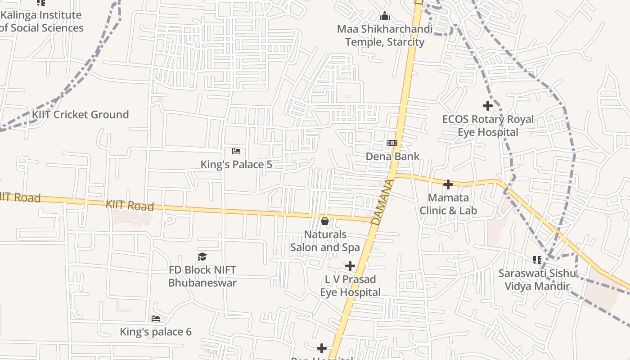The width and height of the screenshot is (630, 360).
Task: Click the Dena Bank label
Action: (x=392, y=157)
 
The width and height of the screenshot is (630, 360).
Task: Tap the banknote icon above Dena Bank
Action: (x=392, y=143)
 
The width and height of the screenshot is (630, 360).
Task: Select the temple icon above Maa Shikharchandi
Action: (x=385, y=17)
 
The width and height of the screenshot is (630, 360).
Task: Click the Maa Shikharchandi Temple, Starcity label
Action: (x=385, y=36)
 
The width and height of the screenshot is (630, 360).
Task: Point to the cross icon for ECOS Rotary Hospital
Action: (x=488, y=106)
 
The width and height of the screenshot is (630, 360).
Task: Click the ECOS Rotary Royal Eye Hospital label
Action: (x=488, y=126)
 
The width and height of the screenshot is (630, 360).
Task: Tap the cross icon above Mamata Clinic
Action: (x=448, y=184)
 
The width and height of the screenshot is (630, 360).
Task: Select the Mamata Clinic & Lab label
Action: (x=448, y=204)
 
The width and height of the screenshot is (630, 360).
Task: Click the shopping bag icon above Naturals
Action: (x=325, y=221)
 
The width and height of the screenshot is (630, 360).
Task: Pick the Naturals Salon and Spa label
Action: (x=325, y=241)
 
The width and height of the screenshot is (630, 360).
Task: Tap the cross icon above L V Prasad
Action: (x=350, y=266)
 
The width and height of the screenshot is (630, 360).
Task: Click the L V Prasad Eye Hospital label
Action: (x=350, y=286)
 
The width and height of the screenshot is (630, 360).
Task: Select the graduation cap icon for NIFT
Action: (x=202, y=256)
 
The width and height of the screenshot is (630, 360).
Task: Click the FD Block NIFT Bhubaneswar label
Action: (x=202, y=276)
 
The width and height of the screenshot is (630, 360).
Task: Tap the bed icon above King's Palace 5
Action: (x=236, y=151)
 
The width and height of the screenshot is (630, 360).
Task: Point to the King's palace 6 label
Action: (x=156, y=332)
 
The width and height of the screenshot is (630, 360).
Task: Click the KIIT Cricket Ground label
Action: (x=80, y=115)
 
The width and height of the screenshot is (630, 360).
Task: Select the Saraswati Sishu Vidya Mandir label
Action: (x=537, y=279)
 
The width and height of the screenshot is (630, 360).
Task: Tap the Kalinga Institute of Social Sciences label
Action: (x=41, y=21)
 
